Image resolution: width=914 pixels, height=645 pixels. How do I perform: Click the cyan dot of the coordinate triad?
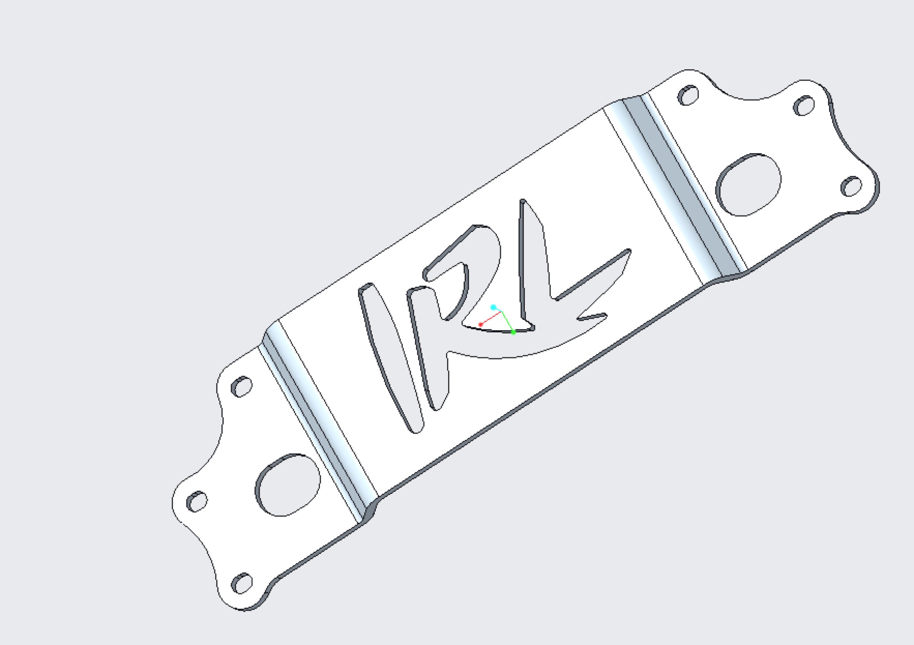pyautogui.click(x=493, y=307)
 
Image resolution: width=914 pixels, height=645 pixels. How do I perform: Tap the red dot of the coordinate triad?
pyautogui.click(x=480, y=324)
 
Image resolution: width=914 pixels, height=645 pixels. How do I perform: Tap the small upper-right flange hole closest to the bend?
pyautogui.click(x=688, y=95)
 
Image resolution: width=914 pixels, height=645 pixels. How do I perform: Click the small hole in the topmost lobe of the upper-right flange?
pyautogui.click(x=804, y=105)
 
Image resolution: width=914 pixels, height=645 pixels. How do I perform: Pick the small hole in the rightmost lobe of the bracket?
pyautogui.click(x=852, y=186)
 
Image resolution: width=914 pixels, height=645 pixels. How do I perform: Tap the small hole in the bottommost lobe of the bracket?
pyautogui.click(x=242, y=583)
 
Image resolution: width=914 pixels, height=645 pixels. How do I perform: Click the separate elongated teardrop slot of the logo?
pyautogui.click(x=392, y=358)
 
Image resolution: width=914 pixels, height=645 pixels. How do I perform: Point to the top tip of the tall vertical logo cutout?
pyautogui.click(x=523, y=201)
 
